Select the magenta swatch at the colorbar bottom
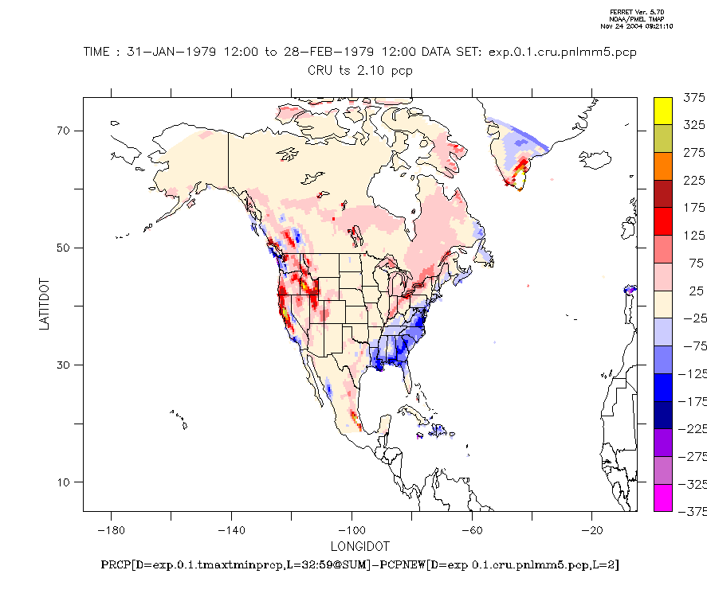click(x=662, y=498)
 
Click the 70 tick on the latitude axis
click(x=64, y=131)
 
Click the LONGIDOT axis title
click(x=360, y=547)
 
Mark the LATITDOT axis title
click(x=45, y=304)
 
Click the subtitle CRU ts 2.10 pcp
click(x=360, y=70)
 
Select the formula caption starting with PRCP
click(x=360, y=565)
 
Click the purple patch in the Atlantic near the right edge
click(x=630, y=290)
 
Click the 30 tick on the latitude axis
click(x=64, y=365)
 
